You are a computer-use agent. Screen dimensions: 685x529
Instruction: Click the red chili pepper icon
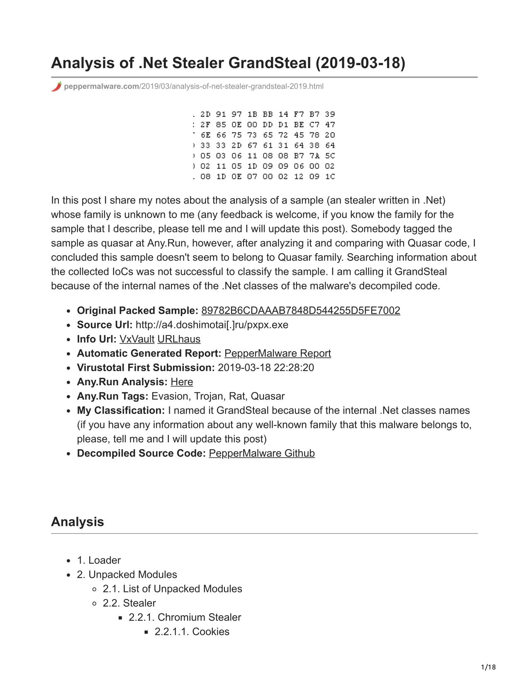click(56, 86)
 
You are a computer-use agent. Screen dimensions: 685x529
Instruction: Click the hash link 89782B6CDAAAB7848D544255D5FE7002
click(300, 311)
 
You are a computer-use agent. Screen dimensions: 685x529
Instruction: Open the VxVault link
click(137, 339)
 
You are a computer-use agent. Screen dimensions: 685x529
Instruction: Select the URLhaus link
click(179, 339)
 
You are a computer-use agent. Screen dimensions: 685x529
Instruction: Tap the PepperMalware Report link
click(278, 353)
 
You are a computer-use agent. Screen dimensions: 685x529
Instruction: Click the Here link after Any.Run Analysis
click(182, 382)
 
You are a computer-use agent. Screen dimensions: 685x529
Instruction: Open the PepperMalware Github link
click(262, 453)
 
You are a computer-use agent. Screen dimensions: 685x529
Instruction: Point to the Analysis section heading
click(78, 522)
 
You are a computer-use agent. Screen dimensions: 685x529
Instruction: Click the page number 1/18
click(488, 668)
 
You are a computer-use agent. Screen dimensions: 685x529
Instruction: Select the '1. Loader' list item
click(99, 560)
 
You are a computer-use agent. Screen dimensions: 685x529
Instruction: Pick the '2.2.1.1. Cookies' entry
click(192, 632)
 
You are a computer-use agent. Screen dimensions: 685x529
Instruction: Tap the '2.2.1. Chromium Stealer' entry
click(185, 617)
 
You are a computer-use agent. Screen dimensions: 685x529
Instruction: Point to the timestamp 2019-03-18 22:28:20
click(266, 368)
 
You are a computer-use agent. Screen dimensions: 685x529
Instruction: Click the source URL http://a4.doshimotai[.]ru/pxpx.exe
click(212, 325)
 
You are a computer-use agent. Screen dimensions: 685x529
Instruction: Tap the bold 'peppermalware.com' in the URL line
click(102, 86)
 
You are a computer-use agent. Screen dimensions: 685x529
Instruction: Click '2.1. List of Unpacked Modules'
click(172, 589)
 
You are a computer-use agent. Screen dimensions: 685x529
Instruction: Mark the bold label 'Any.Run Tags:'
click(113, 396)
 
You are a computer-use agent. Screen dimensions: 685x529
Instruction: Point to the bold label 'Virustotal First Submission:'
click(146, 368)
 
